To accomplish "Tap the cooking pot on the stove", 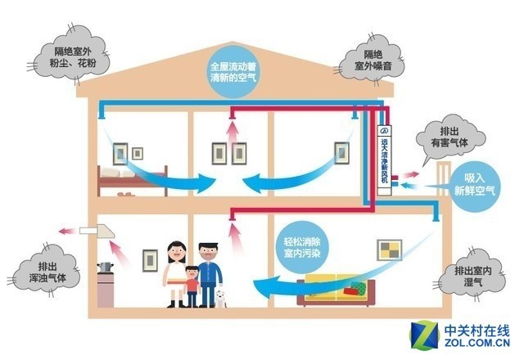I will (x=104, y=267).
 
